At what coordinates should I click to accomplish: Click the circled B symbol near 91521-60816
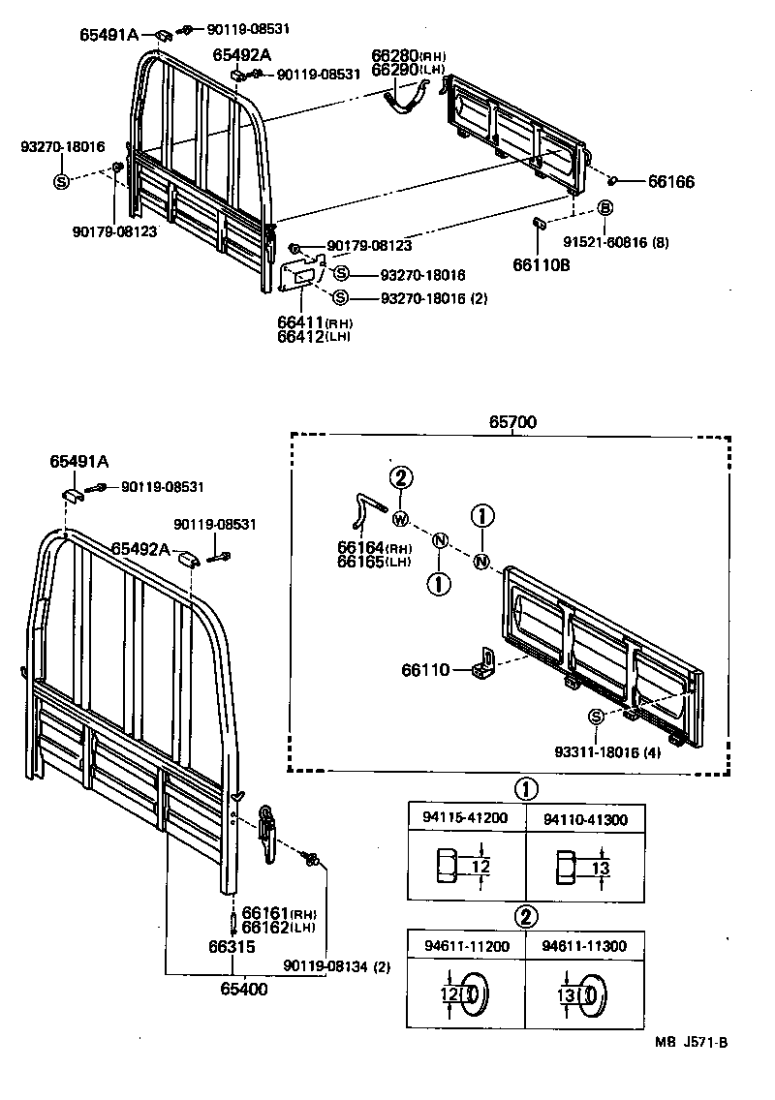coord(605,207)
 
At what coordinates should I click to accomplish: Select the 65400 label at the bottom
coord(243,989)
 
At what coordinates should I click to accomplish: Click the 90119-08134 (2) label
coord(335,966)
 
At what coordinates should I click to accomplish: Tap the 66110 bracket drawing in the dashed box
coord(485,664)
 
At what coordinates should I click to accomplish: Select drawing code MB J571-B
coord(690,1042)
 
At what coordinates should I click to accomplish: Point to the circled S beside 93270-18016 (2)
coord(341,297)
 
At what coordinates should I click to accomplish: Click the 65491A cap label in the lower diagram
coord(79,462)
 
